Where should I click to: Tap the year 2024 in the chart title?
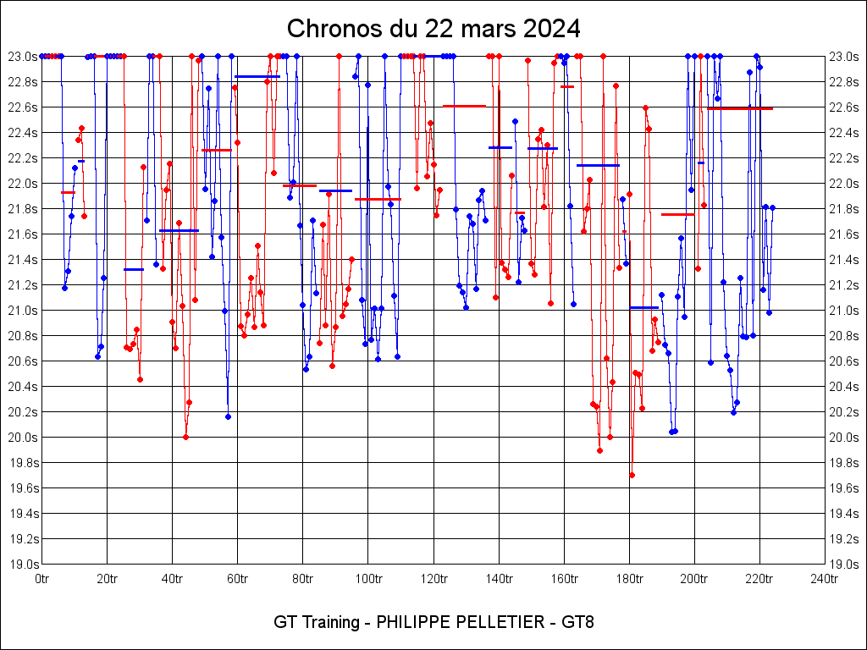click(x=551, y=29)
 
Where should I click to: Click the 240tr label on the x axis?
click(x=824, y=579)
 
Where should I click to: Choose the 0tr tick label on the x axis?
click(x=41, y=579)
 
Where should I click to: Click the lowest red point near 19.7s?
click(x=632, y=475)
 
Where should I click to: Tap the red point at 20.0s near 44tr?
click(x=185, y=437)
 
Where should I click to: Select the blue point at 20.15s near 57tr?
click(x=228, y=416)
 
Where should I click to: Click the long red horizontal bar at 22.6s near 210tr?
click(x=740, y=108)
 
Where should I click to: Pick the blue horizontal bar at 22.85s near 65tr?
click(x=257, y=76)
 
